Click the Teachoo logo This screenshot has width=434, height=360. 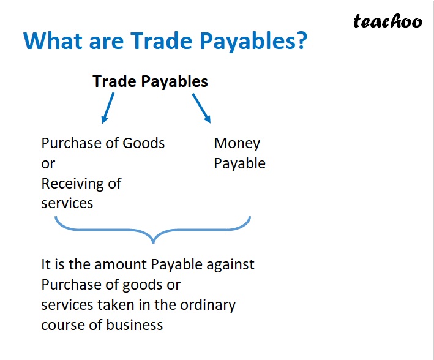pos(387,21)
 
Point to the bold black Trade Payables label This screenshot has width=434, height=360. pos(150,81)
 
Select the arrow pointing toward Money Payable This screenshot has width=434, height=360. pos(201,108)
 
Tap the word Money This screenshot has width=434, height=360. pos(237,143)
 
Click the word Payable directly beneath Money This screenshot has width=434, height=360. pos(239,163)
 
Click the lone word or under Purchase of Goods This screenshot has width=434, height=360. pos(48,163)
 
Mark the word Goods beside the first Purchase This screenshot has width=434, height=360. pos(144,143)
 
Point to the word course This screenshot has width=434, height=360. pos(61,324)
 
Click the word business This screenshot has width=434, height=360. pos(135,324)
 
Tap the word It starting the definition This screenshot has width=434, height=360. pos(46,264)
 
